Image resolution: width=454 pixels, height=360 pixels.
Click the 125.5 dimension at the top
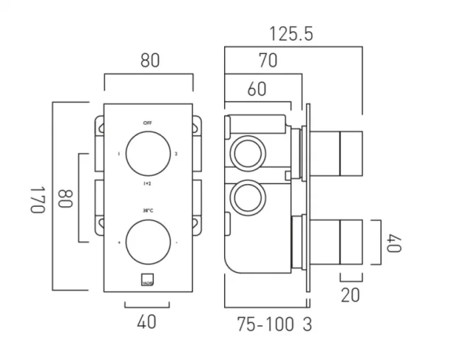(291, 33)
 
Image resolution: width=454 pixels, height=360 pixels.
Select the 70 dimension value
(267, 62)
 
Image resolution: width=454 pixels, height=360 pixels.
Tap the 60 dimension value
(257, 89)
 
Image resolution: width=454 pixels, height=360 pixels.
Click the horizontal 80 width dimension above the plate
(148, 61)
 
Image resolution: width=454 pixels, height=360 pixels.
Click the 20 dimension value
(350, 296)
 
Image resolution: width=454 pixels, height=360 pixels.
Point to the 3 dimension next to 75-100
(306, 325)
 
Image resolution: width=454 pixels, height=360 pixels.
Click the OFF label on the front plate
(148, 123)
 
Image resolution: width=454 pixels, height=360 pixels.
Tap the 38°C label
(148, 210)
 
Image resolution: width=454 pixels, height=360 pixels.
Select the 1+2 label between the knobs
(148, 183)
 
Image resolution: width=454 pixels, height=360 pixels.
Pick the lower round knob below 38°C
(148, 243)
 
